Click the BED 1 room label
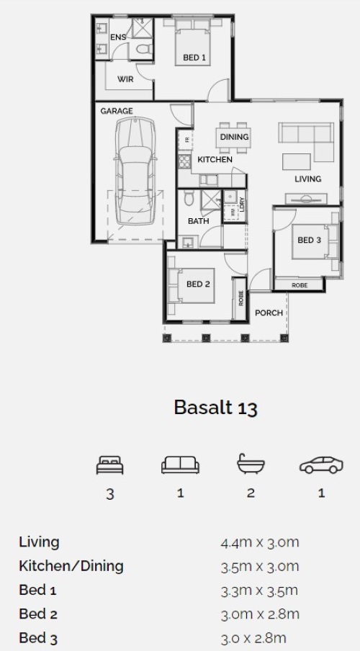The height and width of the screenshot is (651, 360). (x=194, y=58)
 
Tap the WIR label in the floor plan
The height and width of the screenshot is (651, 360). (x=125, y=79)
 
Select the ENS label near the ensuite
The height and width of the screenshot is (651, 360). (x=118, y=37)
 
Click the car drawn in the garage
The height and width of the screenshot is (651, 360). (x=135, y=171)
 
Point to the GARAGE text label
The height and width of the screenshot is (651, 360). (x=117, y=111)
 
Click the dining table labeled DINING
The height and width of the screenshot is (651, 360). (x=234, y=137)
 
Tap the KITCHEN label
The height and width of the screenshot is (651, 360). (x=215, y=159)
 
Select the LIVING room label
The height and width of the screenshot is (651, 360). (x=307, y=179)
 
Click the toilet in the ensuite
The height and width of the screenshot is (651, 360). (x=144, y=50)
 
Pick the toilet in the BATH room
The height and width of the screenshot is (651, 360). (x=189, y=198)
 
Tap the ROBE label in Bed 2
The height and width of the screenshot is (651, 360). (x=240, y=298)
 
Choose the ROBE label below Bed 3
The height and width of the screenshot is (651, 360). (x=300, y=285)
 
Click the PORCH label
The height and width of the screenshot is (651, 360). (x=269, y=313)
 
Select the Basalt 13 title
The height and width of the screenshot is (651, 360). (x=216, y=408)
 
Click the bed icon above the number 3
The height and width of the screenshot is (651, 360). (x=109, y=465)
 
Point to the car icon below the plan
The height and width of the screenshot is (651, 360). (x=321, y=465)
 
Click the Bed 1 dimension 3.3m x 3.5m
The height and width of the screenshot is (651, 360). (x=259, y=591)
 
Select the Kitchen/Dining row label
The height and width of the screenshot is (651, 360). (x=71, y=566)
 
